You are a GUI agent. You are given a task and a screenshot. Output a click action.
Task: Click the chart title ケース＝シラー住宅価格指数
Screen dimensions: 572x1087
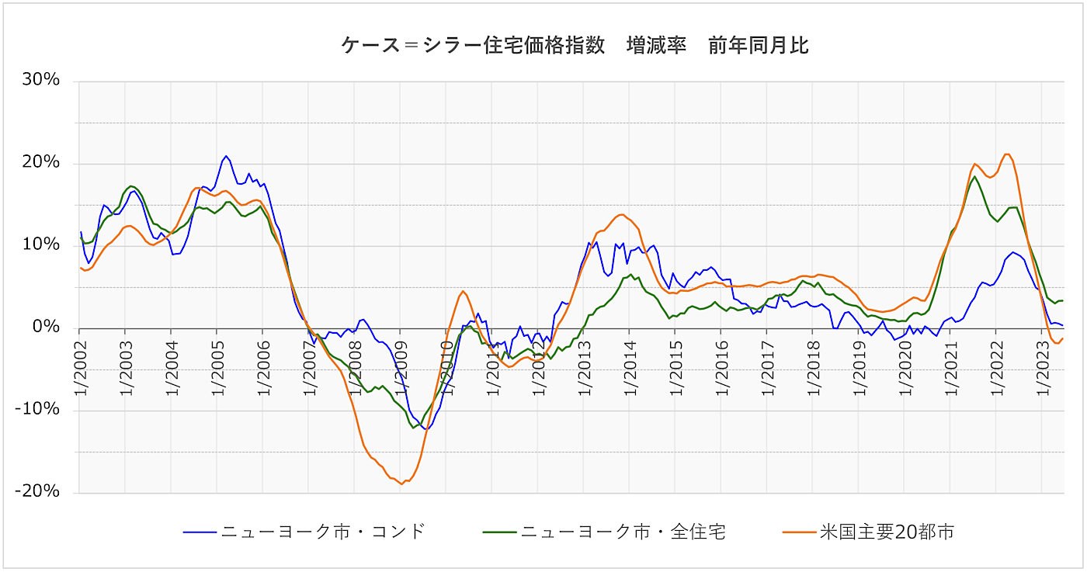coord(575,46)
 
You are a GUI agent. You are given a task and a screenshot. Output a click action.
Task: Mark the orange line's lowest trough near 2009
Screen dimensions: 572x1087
coord(401,484)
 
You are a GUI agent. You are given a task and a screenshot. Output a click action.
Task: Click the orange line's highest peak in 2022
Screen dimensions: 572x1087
coord(1006,154)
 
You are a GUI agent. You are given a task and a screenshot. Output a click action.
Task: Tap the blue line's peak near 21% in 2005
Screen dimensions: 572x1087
coord(226,156)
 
